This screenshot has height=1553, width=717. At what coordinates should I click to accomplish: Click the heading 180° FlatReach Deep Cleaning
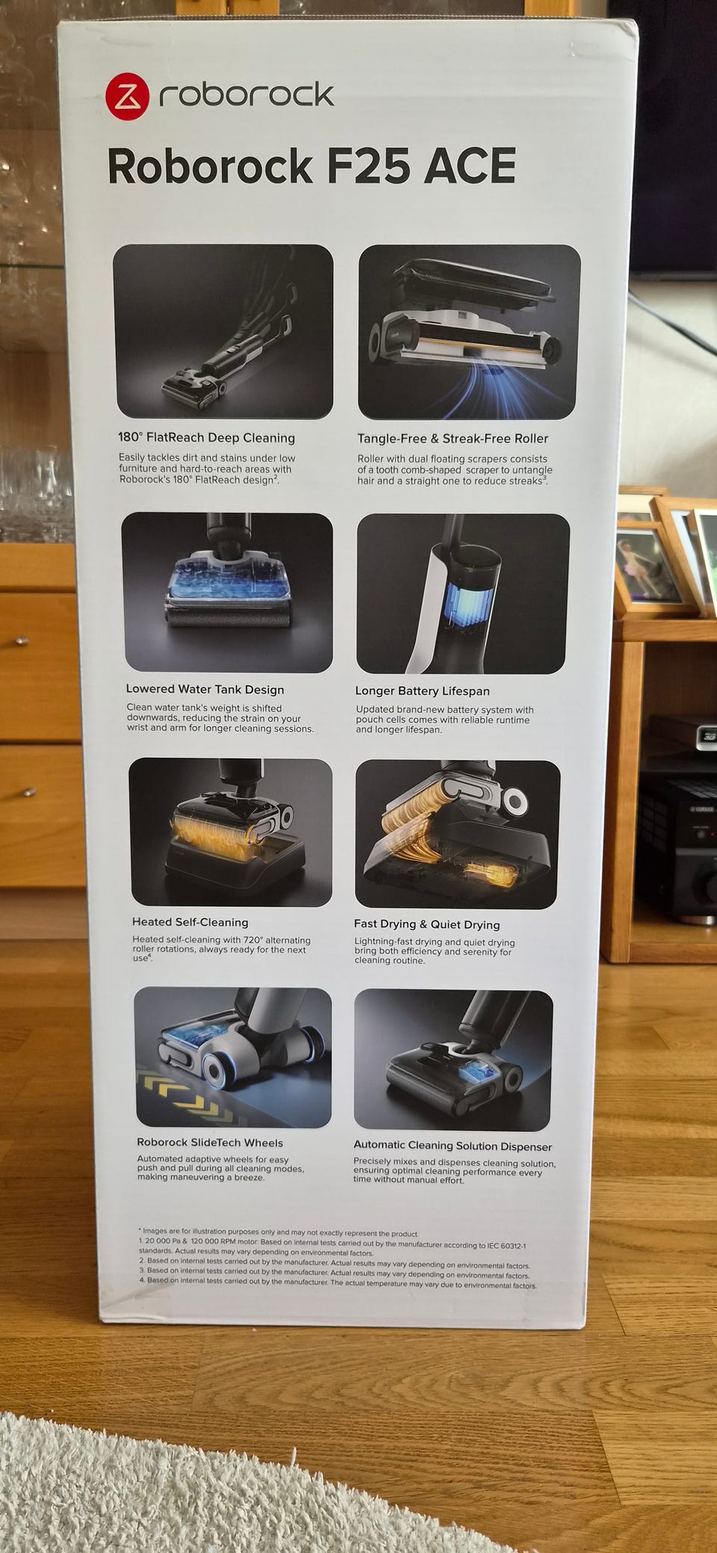tap(206, 438)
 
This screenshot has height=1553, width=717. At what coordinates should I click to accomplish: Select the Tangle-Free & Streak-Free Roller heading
tap(453, 439)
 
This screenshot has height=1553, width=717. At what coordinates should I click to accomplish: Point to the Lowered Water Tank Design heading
tap(205, 689)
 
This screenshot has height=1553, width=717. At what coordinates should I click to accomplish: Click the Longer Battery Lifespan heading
tap(422, 691)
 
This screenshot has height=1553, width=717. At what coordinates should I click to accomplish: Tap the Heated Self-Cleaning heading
tap(190, 922)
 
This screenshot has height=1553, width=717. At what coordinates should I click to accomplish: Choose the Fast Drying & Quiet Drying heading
tap(426, 924)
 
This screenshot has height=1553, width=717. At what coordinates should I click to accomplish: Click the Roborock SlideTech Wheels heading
tap(210, 1142)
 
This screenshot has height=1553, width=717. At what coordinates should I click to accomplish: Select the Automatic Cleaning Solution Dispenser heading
tap(453, 1145)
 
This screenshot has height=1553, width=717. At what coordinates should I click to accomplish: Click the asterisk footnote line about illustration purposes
tap(278, 1233)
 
